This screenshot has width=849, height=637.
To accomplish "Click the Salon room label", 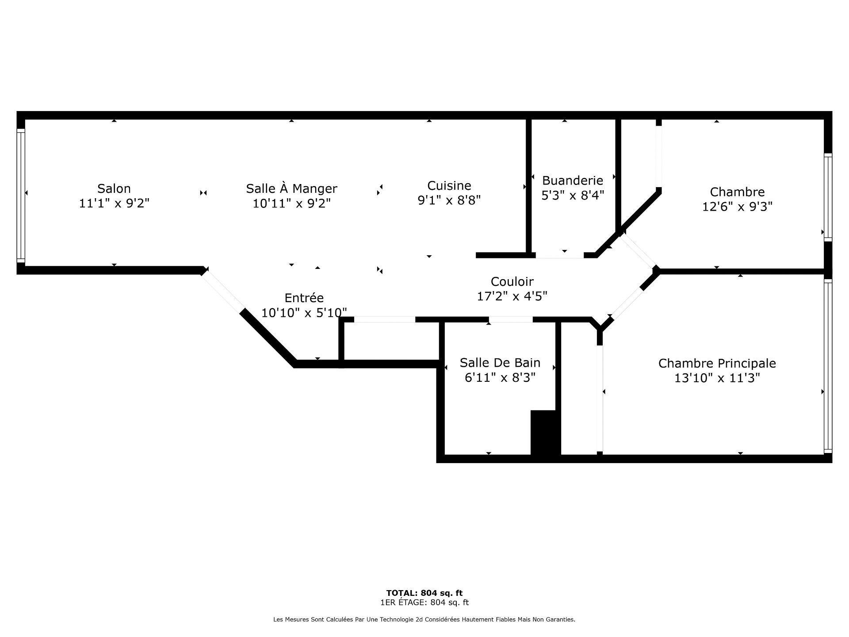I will [114, 188].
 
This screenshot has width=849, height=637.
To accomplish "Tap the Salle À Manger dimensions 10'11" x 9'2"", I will [291, 203].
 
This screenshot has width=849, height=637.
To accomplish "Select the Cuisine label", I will [449, 185].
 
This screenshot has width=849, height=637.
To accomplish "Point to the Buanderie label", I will [572, 180].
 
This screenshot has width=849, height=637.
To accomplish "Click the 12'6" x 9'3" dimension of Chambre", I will [737, 207].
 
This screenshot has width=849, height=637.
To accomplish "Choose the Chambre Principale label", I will [717, 363].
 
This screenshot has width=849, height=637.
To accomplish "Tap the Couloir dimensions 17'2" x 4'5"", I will [512, 296].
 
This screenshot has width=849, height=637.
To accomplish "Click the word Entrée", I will [304, 298].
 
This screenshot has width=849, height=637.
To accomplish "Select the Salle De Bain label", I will [500, 363].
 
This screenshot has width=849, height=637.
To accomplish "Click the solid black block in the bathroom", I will [545, 432].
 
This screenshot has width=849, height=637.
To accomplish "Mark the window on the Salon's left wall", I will [21, 195].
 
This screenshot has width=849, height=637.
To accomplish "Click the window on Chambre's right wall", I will [827, 197].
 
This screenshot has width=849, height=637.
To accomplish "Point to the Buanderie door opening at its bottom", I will [560, 255].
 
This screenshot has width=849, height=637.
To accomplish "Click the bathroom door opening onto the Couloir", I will [510, 319].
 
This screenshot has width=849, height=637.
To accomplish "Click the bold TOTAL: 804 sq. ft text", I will [424, 593].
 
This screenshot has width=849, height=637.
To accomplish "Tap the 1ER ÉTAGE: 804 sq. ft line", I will [424, 602].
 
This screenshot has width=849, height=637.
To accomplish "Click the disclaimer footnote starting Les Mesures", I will [424, 620].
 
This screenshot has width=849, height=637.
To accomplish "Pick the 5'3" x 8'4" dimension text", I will [572, 195].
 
